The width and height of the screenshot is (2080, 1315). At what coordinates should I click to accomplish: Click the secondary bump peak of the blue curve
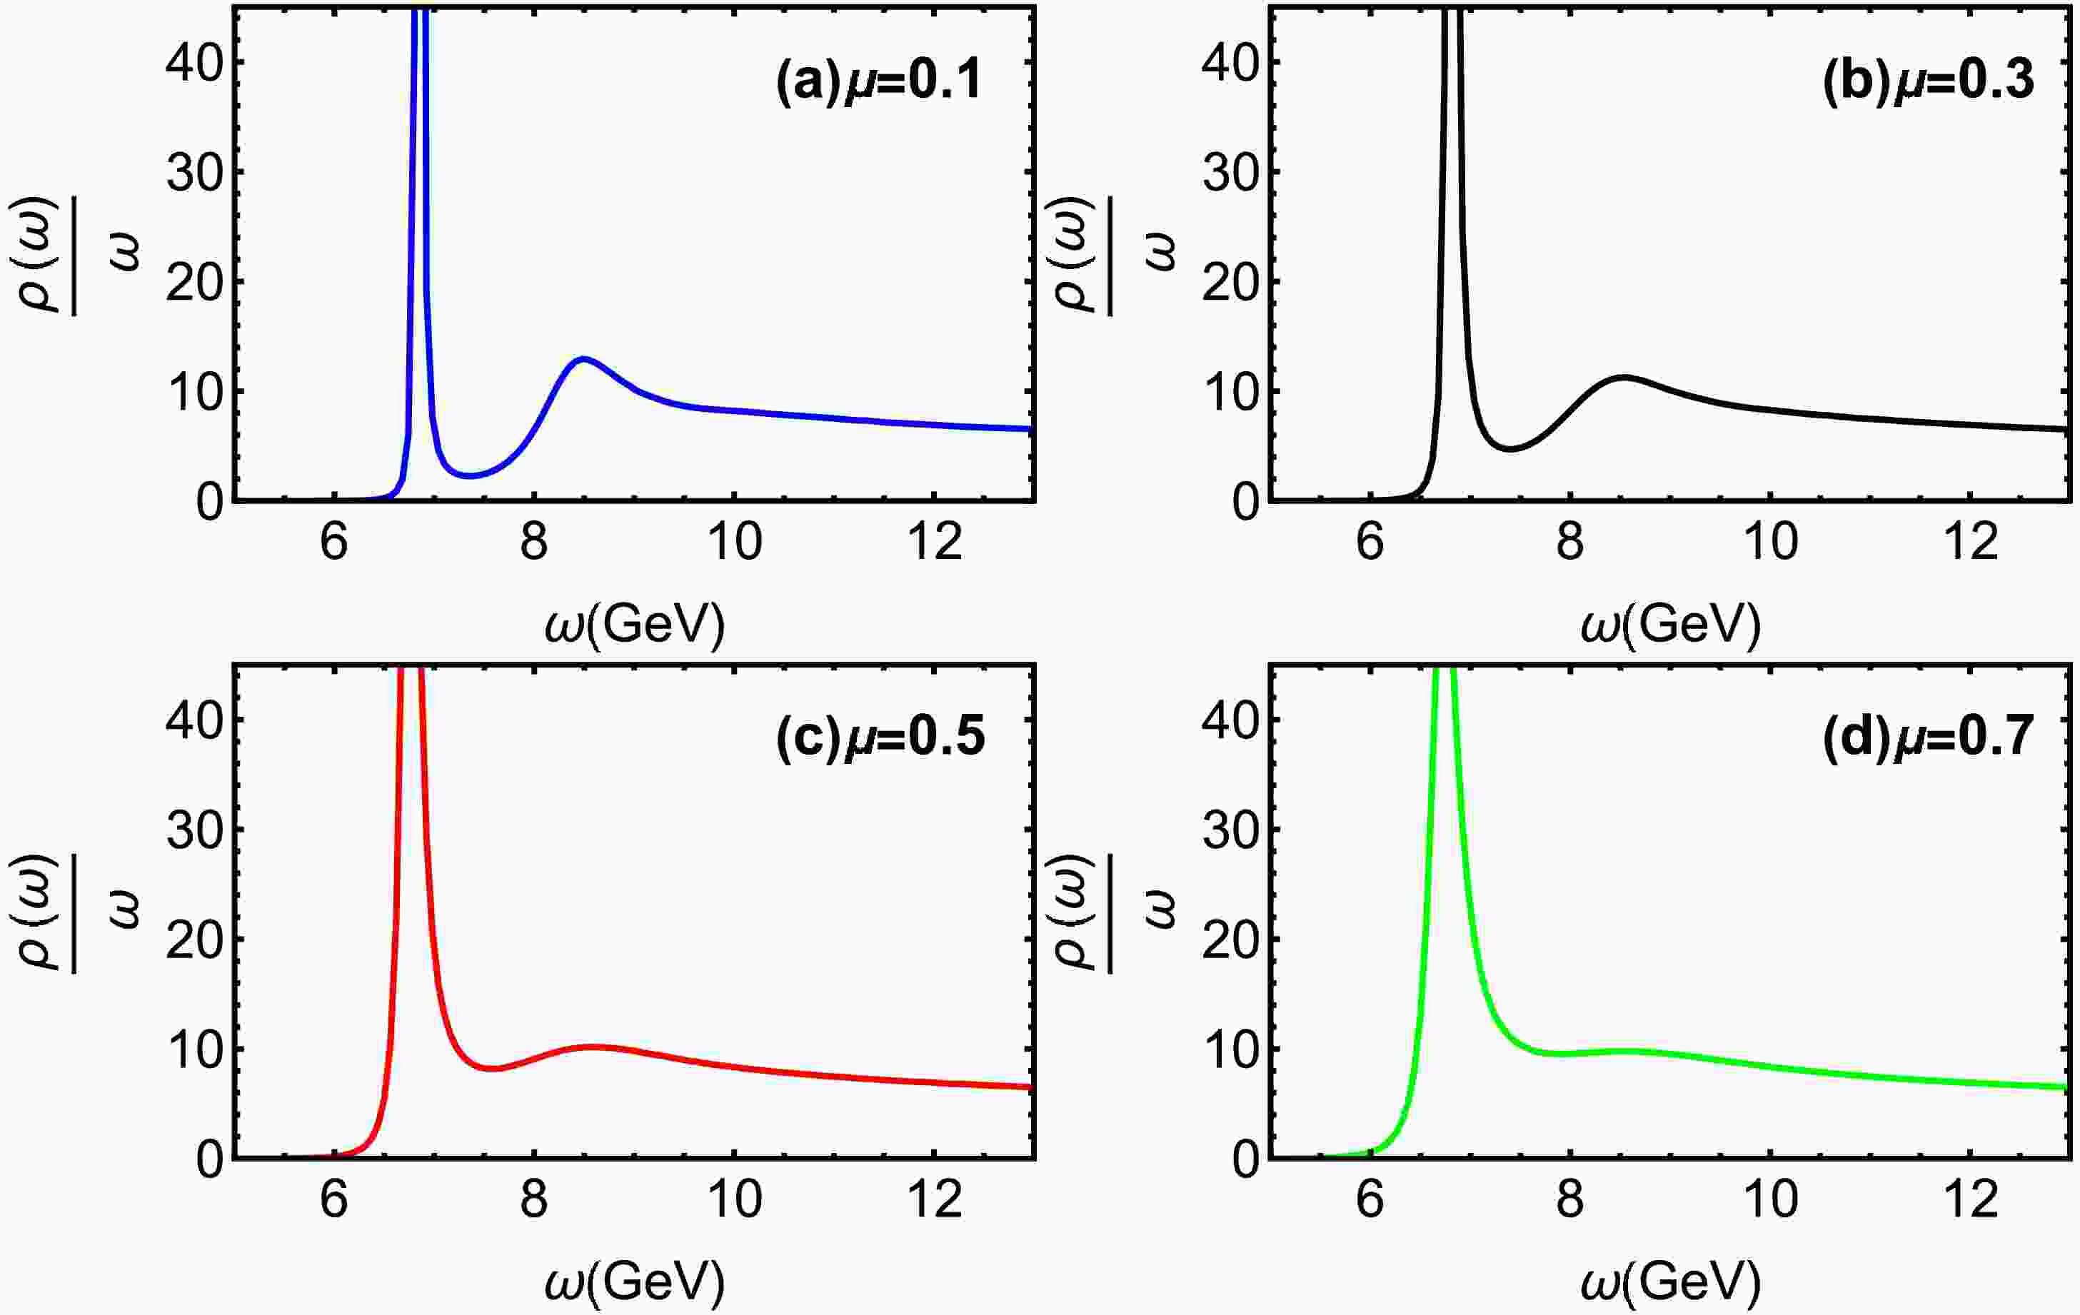point(584,358)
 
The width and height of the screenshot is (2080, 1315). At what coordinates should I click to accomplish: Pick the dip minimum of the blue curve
point(469,475)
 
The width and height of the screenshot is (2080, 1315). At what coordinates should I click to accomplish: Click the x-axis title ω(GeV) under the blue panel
point(635,623)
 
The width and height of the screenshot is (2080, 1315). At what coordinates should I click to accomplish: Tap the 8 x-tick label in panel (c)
point(534,1200)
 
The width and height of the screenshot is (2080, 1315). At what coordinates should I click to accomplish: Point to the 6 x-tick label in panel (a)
point(334,543)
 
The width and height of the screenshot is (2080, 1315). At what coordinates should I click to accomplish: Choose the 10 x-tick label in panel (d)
point(1771,1200)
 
